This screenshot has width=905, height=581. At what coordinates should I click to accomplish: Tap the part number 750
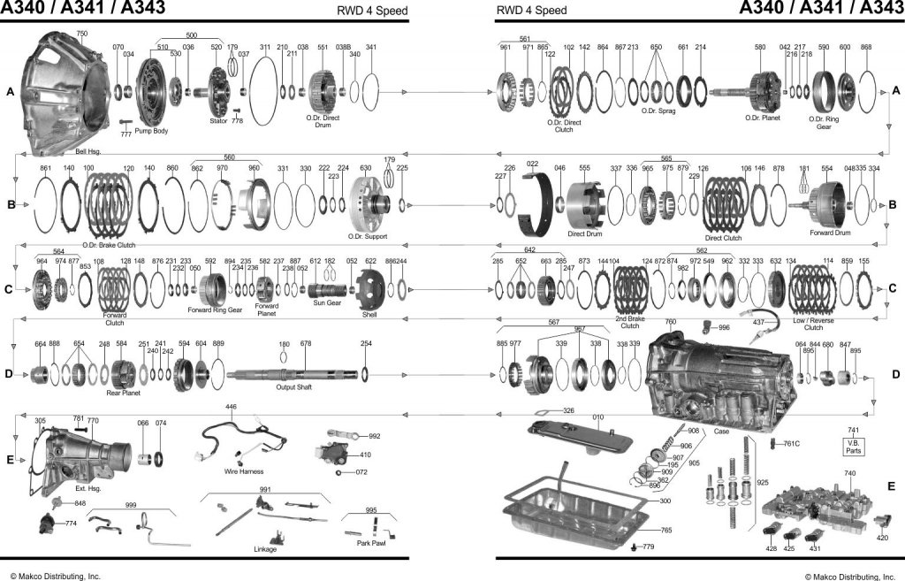81,33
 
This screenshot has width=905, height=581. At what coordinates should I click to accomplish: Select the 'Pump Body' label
151,131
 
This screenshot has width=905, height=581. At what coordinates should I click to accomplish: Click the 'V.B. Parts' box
854,446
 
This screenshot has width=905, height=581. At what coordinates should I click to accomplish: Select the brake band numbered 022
538,199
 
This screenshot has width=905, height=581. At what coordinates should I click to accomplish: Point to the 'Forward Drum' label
830,233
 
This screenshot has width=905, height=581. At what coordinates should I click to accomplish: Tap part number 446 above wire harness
231,407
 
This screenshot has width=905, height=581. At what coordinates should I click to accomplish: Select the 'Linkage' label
265,549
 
